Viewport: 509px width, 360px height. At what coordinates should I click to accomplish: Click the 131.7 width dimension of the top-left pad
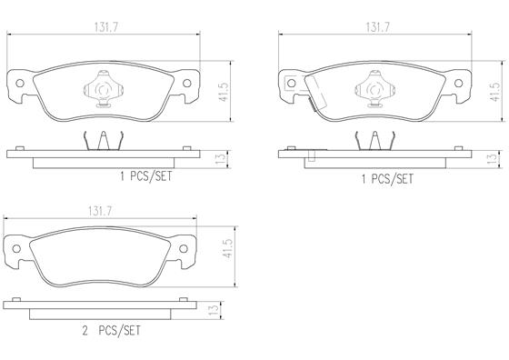106,27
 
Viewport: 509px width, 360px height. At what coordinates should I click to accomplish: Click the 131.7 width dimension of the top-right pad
378,27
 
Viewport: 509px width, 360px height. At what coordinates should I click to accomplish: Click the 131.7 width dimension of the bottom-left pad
100,212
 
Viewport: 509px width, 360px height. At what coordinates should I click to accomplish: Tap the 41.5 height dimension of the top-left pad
225,92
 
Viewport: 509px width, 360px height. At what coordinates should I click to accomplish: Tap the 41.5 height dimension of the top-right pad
495,92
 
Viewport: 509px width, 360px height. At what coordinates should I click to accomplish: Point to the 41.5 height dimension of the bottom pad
228,249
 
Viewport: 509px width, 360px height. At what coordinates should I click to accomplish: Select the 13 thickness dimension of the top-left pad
220,158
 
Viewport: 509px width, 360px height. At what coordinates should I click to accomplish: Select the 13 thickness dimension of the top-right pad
492,158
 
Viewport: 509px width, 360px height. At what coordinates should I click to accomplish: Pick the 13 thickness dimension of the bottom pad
214,309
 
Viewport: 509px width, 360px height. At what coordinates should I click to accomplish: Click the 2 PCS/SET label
111,331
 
